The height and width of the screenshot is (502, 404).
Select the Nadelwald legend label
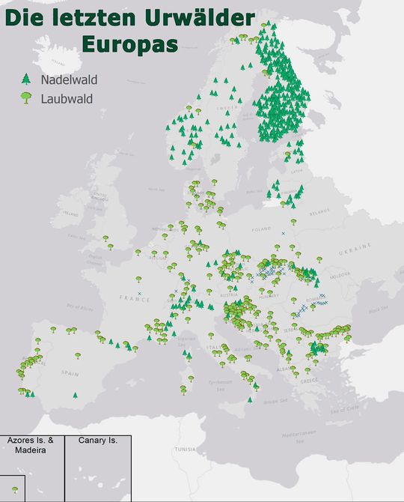(70, 79)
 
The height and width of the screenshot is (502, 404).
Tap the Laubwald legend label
(67, 97)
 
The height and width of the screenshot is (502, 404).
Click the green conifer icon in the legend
(26, 78)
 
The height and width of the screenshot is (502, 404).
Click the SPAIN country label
(70, 372)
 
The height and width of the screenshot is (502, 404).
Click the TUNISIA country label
(185, 450)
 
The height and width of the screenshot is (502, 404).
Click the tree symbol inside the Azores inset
(15, 489)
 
